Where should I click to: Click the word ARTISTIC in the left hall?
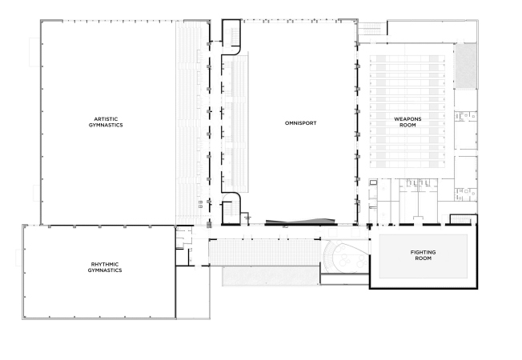coord(106,118)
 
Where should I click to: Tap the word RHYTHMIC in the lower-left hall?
coord(105,264)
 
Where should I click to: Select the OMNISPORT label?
coord(300,122)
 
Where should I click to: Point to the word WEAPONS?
coord(408,118)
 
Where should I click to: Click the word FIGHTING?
coord(424,252)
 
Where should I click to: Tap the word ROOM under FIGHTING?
coord(424,258)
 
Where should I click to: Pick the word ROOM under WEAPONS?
coord(408,125)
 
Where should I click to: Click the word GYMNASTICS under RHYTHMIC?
coord(105,270)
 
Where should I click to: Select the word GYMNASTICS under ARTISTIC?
coord(106,125)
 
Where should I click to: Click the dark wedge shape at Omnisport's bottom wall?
coord(299,222)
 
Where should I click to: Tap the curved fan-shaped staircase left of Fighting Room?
coord(331,256)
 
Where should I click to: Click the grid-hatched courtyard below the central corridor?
coord(264,252)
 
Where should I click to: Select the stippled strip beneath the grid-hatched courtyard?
coord(271,275)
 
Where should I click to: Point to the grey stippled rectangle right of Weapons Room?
coord(466,66)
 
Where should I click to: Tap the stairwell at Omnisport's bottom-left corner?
coord(231,210)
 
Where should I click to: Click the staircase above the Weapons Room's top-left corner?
coord(371,29)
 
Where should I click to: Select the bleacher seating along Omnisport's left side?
coord(235,123)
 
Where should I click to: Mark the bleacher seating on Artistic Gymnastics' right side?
coord(190,122)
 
